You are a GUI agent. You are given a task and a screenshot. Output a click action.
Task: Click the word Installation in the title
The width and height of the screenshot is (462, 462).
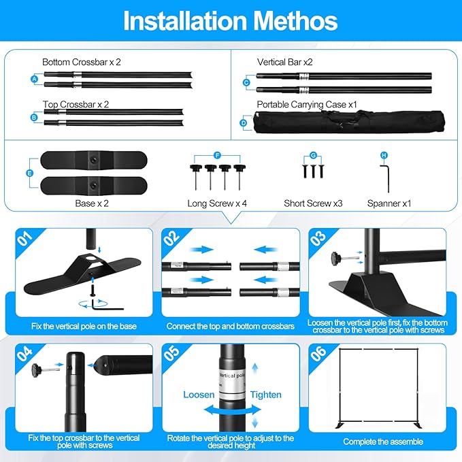pyautogui.click(x=185, y=20)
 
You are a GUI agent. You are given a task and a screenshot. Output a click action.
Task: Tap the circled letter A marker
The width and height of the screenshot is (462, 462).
pyautogui.click(x=35, y=79)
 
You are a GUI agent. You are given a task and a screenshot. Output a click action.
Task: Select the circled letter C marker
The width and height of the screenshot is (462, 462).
pyautogui.click(x=246, y=83)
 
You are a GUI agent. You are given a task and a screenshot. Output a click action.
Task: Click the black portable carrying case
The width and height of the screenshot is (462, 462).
pyautogui.click(x=349, y=122)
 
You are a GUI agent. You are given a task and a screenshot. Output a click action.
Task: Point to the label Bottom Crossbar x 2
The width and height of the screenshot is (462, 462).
pyautogui.click(x=82, y=62)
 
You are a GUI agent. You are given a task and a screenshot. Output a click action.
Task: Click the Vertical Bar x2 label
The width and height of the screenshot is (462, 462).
pyautogui.click(x=284, y=62)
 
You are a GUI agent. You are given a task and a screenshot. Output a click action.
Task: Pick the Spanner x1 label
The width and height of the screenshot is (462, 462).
pyautogui.click(x=389, y=203)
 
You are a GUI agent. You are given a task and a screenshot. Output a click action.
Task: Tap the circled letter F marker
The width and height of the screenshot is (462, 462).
pyautogui.click(x=218, y=155)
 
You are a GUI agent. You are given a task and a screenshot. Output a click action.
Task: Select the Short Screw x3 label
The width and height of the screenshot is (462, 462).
pyautogui.click(x=313, y=203)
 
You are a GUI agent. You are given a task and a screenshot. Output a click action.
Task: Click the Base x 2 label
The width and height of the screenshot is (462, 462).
pyautogui.click(x=92, y=203)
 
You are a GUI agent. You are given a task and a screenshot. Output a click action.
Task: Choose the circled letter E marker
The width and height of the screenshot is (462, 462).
pyautogui.click(x=29, y=173)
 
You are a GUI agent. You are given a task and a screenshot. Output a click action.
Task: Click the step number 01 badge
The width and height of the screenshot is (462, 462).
pyautogui.click(x=24, y=238)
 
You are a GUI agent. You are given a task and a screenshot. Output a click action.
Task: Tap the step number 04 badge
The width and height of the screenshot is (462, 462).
pyautogui.click(x=24, y=353)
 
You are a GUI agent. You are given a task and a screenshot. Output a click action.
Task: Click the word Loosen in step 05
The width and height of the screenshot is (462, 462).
pyautogui.click(x=199, y=395)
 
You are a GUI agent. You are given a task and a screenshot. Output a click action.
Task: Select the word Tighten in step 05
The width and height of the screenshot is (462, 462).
pyautogui.click(x=266, y=395)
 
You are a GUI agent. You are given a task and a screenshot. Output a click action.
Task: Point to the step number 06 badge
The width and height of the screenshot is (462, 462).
pyautogui.click(x=318, y=353)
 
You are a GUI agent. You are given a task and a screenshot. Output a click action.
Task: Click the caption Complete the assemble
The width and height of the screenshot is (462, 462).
pyautogui.click(x=383, y=442)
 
